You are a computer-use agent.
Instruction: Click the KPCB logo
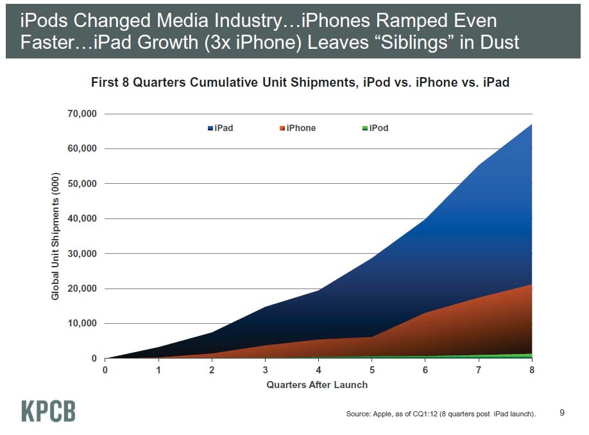coord(49,411)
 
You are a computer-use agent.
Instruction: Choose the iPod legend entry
coord(375,128)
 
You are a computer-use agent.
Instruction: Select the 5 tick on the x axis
coord(372,370)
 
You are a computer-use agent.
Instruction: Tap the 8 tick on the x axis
coord(532,370)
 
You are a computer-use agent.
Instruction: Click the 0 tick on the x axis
coord(105,370)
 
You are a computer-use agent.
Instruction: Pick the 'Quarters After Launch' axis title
coord(318,385)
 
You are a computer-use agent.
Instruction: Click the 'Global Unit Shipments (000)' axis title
coord(55,236)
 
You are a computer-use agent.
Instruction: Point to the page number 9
coord(562,413)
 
